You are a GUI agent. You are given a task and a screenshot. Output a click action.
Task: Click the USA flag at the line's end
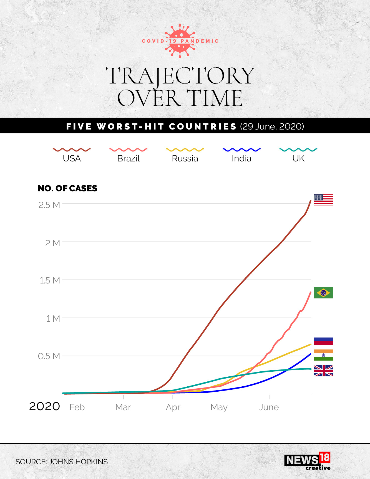(x=323, y=200)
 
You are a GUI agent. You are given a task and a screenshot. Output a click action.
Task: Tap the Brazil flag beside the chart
(x=323, y=293)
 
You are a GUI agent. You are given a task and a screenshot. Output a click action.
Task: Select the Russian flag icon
(x=323, y=339)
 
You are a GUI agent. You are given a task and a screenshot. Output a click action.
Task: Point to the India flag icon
(x=323, y=355)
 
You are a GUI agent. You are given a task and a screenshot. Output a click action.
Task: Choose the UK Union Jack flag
(x=323, y=371)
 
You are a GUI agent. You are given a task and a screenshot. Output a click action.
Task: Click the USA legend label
(x=72, y=158)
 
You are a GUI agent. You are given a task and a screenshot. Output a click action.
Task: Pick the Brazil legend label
(x=128, y=158)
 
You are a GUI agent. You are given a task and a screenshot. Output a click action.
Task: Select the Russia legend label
(x=185, y=158)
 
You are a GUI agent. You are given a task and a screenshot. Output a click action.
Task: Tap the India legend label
(x=241, y=158)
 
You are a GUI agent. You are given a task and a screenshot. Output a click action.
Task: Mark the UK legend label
(x=298, y=158)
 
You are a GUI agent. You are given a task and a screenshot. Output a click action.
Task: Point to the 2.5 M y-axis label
(x=49, y=205)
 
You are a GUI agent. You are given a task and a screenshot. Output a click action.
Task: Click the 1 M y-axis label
(x=53, y=319)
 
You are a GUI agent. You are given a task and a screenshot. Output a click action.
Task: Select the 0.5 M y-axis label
(x=49, y=356)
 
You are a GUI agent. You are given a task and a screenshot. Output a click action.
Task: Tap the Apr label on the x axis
(x=173, y=407)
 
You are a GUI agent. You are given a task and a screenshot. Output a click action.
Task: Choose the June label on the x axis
(x=269, y=407)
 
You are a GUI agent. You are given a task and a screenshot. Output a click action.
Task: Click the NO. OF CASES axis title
(x=67, y=188)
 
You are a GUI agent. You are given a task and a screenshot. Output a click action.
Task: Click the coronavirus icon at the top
(x=180, y=41)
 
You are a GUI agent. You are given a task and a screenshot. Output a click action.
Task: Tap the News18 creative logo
(x=308, y=461)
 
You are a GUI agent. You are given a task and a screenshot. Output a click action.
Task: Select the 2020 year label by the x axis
(x=44, y=406)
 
